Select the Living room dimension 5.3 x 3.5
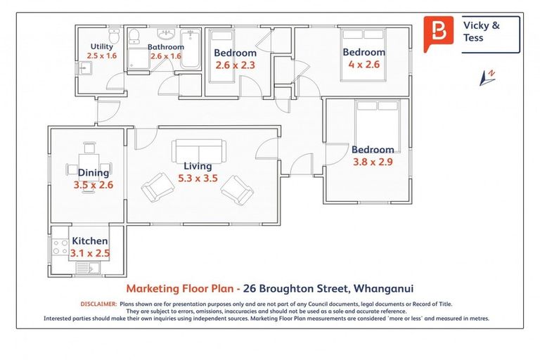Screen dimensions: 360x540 point(197,178)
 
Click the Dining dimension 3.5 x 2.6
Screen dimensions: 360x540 point(93,185)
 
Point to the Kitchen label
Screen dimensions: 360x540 point(90,241)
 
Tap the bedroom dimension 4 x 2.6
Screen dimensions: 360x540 point(364,65)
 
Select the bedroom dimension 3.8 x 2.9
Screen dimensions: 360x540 point(373,162)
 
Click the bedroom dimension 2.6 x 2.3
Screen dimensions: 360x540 point(235,65)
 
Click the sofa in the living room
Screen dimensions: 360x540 point(200,150)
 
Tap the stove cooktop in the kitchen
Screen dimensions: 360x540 point(59,247)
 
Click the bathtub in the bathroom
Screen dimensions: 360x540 point(191,49)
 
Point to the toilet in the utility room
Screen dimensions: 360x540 point(115,37)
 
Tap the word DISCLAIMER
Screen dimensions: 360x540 point(98,304)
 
